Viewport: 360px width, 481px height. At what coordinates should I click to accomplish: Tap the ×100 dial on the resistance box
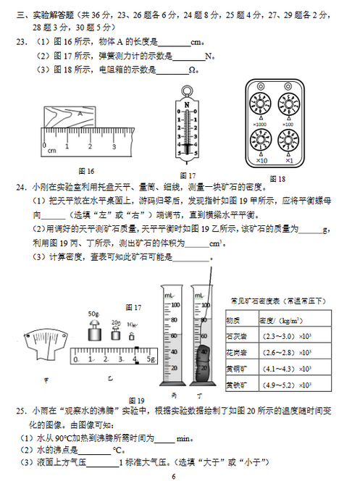point(288,104)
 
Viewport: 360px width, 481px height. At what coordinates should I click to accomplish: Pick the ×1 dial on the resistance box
point(288,139)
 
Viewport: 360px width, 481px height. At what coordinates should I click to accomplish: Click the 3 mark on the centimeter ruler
point(114,146)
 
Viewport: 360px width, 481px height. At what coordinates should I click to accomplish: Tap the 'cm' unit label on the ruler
point(51,151)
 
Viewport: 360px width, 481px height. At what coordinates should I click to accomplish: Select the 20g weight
point(115,334)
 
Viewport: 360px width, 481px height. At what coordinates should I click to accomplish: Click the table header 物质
point(234,319)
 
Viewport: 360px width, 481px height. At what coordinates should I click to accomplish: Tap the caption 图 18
point(277,178)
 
